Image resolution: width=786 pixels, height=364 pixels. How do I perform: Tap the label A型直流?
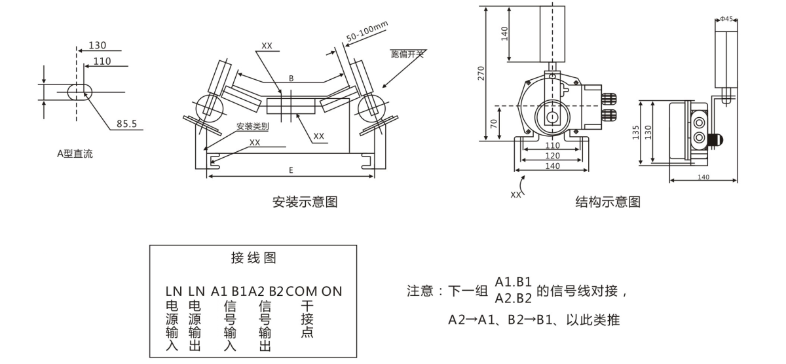(75, 155)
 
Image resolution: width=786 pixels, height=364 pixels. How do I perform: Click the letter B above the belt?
(291, 79)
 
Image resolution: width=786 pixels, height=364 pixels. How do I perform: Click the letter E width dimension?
(291, 170)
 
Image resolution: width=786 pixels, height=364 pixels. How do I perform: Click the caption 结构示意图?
(608, 201)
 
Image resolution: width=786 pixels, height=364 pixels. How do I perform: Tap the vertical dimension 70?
(495, 123)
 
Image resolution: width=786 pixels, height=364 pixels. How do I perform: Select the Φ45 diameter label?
(726, 19)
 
